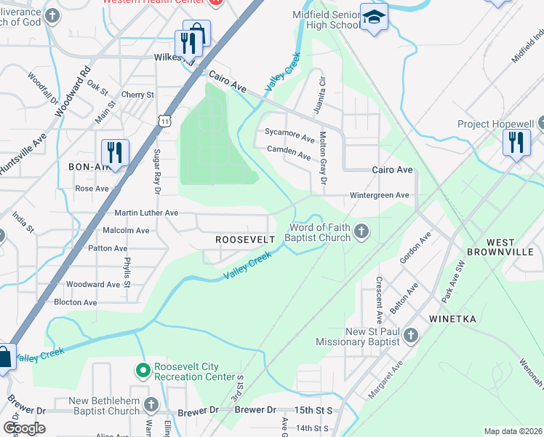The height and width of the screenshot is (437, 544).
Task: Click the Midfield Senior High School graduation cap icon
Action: (374, 18)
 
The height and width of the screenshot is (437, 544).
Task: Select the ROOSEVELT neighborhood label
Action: (245, 240)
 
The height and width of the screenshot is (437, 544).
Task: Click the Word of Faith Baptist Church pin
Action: (361, 232)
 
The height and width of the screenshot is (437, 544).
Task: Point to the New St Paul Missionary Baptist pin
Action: (411, 336)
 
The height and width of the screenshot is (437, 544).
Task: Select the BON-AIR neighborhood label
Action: (89, 167)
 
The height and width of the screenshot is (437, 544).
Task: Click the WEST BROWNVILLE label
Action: (511, 247)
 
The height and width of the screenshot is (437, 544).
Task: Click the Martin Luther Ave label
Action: (146, 213)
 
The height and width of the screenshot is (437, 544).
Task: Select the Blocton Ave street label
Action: (76, 302)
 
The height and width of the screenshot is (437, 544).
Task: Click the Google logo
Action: (24, 428)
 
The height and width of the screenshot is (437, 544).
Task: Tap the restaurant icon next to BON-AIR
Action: (115, 153)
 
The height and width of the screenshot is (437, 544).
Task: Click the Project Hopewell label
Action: (496, 124)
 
